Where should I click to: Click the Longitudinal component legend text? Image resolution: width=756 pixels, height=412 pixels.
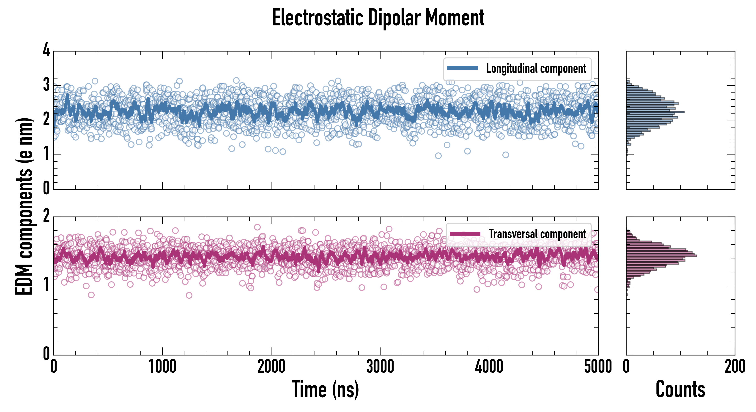pyautogui.click(x=536, y=69)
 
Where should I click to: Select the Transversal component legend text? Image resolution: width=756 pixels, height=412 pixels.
pyautogui.click(x=537, y=234)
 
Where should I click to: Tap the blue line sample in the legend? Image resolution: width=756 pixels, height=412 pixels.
pyautogui.click(x=463, y=68)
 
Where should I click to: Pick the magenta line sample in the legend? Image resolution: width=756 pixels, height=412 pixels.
pyautogui.click(x=465, y=234)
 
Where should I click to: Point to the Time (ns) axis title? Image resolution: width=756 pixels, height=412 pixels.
pyautogui.click(x=325, y=389)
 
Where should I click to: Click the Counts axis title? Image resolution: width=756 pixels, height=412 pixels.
pyautogui.click(x=680, y=389)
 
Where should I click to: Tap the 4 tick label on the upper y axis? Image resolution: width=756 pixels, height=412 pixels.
pyautogui.click(x=46, y=50)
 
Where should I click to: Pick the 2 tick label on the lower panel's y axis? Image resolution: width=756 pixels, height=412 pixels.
pyautogui.click(x=46, y=216)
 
